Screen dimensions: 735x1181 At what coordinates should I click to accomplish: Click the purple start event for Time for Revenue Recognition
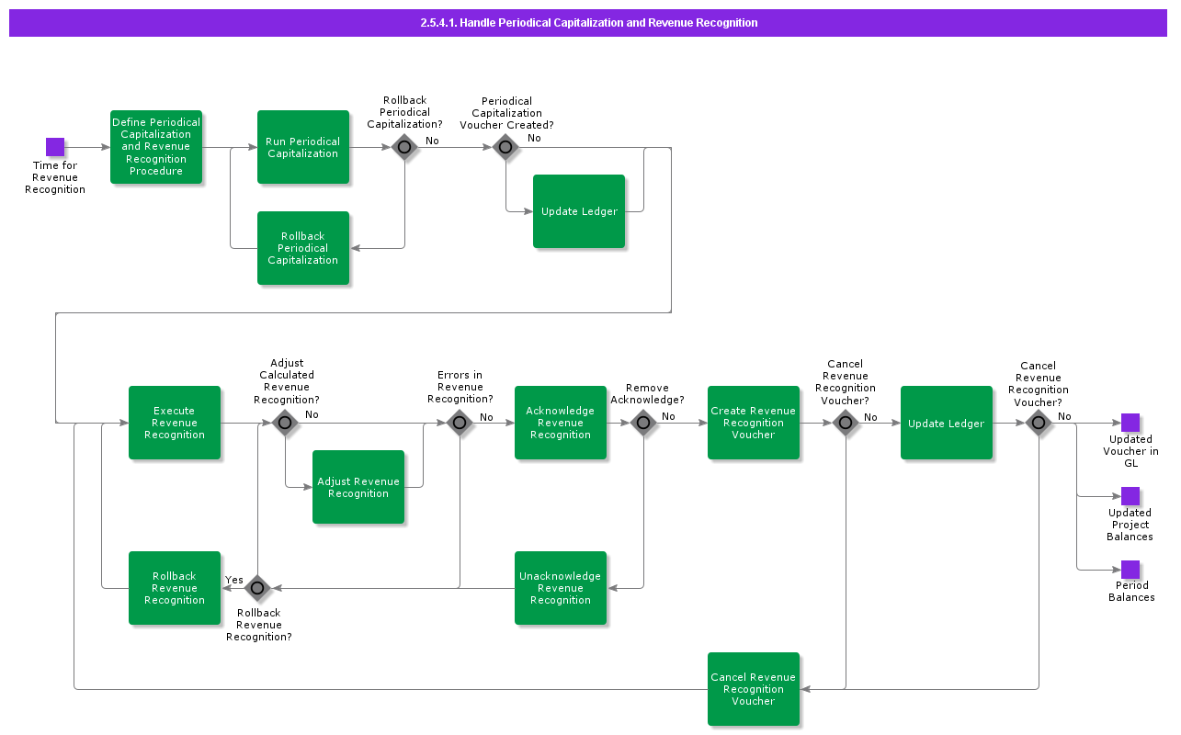55,147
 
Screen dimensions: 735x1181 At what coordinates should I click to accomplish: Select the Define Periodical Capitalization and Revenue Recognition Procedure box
156,147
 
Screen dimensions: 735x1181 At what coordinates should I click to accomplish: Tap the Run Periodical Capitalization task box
303,147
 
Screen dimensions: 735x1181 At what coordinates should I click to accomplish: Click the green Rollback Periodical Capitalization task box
303,248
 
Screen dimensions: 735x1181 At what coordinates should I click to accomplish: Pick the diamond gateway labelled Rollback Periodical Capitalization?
404,147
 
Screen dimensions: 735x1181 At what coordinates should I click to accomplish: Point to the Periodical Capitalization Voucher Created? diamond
505,147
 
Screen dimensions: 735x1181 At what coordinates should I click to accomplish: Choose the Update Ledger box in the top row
579,211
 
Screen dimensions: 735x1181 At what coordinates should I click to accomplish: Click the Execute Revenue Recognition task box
175,423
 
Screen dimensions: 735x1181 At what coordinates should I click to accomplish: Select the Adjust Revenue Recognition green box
358,487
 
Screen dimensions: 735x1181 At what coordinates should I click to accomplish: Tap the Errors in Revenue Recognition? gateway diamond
460,423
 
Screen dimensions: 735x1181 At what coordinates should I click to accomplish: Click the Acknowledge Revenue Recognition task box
561,423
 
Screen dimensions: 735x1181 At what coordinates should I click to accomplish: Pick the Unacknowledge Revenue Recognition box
561,588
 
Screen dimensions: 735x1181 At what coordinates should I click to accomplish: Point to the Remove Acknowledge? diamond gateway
643,423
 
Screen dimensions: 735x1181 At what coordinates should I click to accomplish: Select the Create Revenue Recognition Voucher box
754,423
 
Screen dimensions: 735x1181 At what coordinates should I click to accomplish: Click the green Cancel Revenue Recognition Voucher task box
754,689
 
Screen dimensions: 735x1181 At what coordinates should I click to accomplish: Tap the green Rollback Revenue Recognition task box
175,588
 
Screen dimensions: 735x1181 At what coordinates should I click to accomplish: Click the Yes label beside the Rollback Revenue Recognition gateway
234,580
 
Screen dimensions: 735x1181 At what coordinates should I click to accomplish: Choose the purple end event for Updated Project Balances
1130,496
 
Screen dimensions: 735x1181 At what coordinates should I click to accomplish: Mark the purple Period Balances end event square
1130,570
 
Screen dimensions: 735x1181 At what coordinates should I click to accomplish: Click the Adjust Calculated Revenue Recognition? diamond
285,423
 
